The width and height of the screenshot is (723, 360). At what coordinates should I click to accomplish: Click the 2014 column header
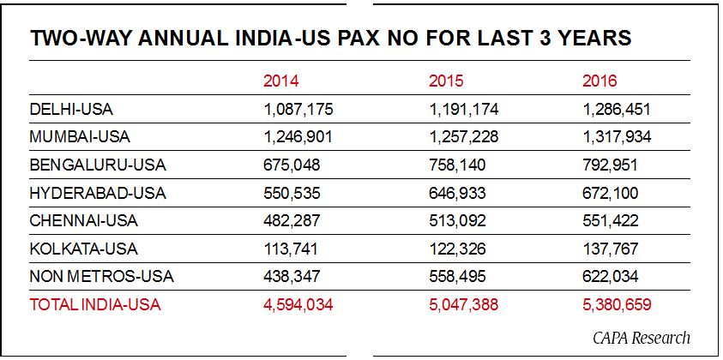[x=280, y=81]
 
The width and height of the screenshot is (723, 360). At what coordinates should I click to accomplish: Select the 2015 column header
[x=446, y=81]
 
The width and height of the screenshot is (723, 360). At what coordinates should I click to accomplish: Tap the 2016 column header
[x=599, y=81]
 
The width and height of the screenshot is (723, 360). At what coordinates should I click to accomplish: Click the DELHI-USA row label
[x=71, y=109]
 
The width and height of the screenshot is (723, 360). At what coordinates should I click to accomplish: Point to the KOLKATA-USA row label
[x=83, y=249]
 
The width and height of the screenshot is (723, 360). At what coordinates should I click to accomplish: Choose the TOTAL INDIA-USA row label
[x=95, y=304]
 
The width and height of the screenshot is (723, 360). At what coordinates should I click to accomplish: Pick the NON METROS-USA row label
[x=101, y=276]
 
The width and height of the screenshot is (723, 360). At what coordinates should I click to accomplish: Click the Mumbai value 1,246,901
[x=298, y=137]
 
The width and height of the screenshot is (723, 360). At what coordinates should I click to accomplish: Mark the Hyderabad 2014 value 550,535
[x=292, y=193]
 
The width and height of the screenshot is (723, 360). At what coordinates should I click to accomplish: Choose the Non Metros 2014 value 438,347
[x=292, y=276]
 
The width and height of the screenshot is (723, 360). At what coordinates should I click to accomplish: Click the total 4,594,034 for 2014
[x=298, y=304]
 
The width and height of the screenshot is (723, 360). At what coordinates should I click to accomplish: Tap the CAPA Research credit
[x=641, y=337]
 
